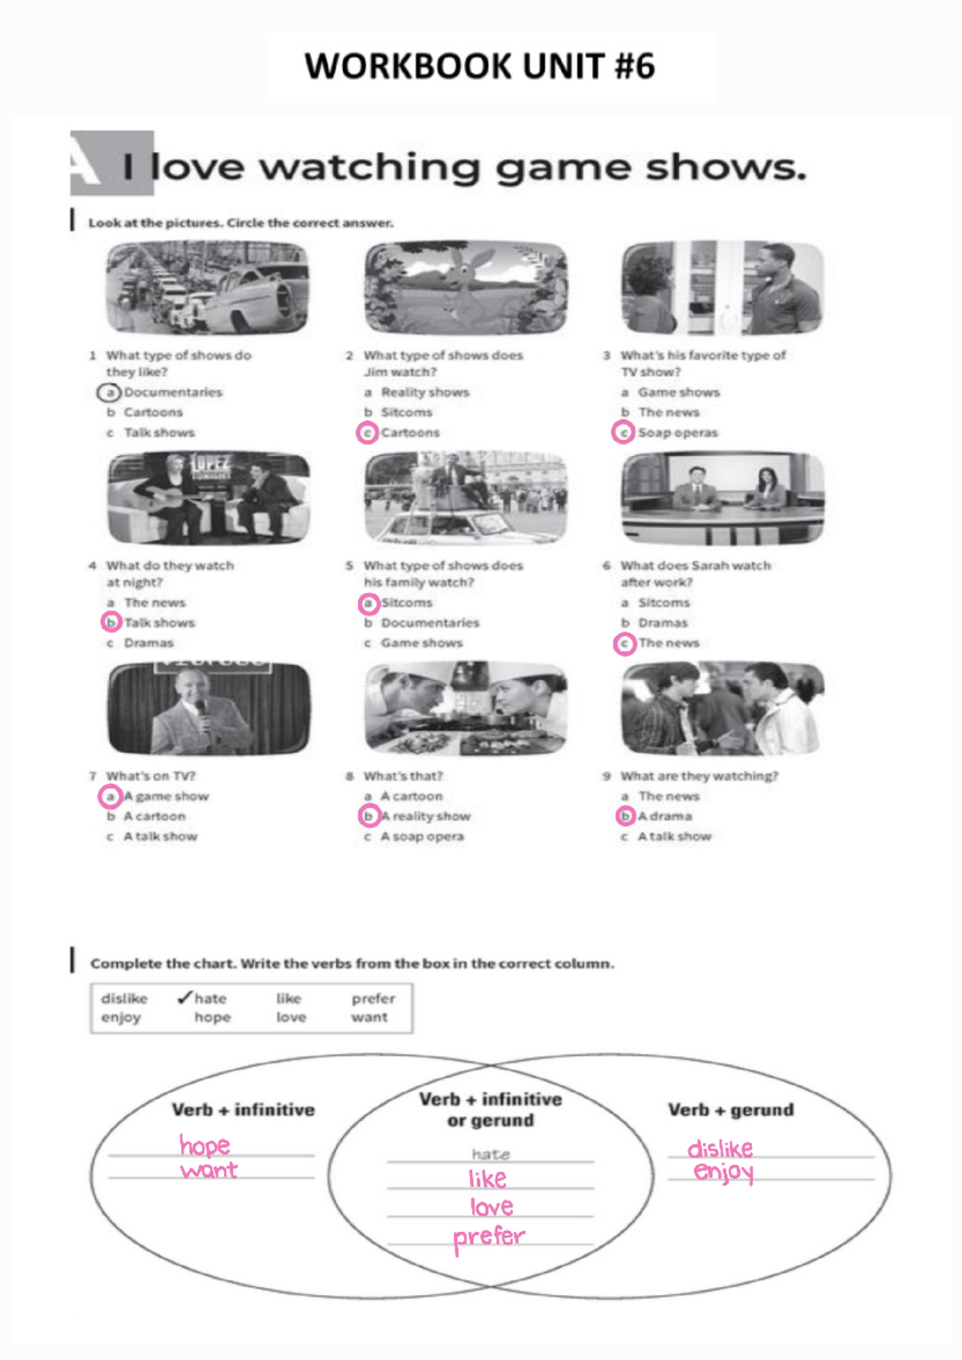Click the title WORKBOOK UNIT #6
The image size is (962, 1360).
pos(479,67)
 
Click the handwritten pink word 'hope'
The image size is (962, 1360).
pos(204,1145)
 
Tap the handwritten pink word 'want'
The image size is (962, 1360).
pos(209,1170)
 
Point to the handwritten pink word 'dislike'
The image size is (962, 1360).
pos(720,1148)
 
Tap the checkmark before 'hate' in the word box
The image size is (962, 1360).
pos(184,998)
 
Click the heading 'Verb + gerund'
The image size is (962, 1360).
pos(731,1110)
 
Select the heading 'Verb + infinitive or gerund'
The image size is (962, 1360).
pos(491,1110)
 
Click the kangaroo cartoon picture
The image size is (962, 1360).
pos(466,287)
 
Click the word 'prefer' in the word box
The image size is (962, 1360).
pos(373,998)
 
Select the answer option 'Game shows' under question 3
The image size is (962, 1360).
pos(678,392)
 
